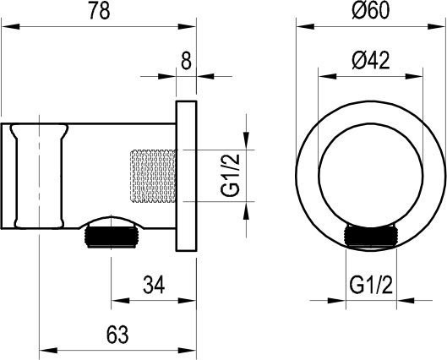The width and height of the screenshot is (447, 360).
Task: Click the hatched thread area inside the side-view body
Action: point(152,177)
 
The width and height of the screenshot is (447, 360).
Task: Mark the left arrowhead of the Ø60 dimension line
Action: point(300,28)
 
